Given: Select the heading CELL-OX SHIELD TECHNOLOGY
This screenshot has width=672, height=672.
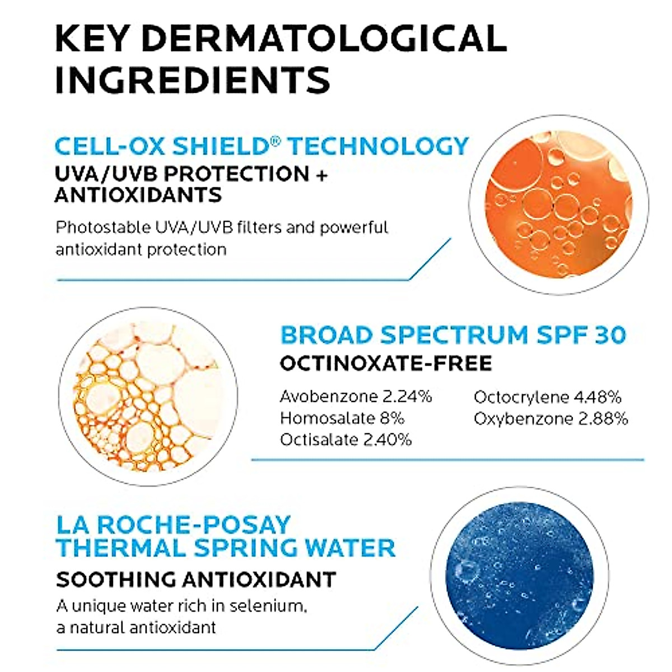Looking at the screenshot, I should tap(261, 146).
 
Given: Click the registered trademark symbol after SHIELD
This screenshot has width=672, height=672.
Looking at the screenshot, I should tap(275, 141).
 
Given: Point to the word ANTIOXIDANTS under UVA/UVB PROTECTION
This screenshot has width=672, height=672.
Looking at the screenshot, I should tap(138, 195).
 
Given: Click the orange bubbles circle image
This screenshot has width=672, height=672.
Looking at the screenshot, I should tap(559, 204).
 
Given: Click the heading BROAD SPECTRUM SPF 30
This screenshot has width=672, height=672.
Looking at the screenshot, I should tap(452, 335).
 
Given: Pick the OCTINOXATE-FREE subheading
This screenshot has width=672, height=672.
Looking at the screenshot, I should tap(385, 363).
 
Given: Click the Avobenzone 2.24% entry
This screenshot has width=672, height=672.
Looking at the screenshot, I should tap(356, 397).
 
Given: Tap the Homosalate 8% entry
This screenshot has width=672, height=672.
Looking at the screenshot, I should tap(342, 418).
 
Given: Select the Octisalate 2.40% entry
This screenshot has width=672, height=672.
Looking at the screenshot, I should tap(346, 440).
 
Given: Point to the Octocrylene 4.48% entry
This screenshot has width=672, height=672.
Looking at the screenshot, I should tap(547, 397).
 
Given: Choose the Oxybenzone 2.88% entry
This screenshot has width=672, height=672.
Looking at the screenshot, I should tap(550, 418).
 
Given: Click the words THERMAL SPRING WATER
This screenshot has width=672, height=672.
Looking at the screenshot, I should tap(226, 548).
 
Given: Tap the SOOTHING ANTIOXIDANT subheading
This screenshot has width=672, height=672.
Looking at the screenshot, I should tap(196, 580).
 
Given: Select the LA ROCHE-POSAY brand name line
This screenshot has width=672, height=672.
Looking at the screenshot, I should tap(174, 525).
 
